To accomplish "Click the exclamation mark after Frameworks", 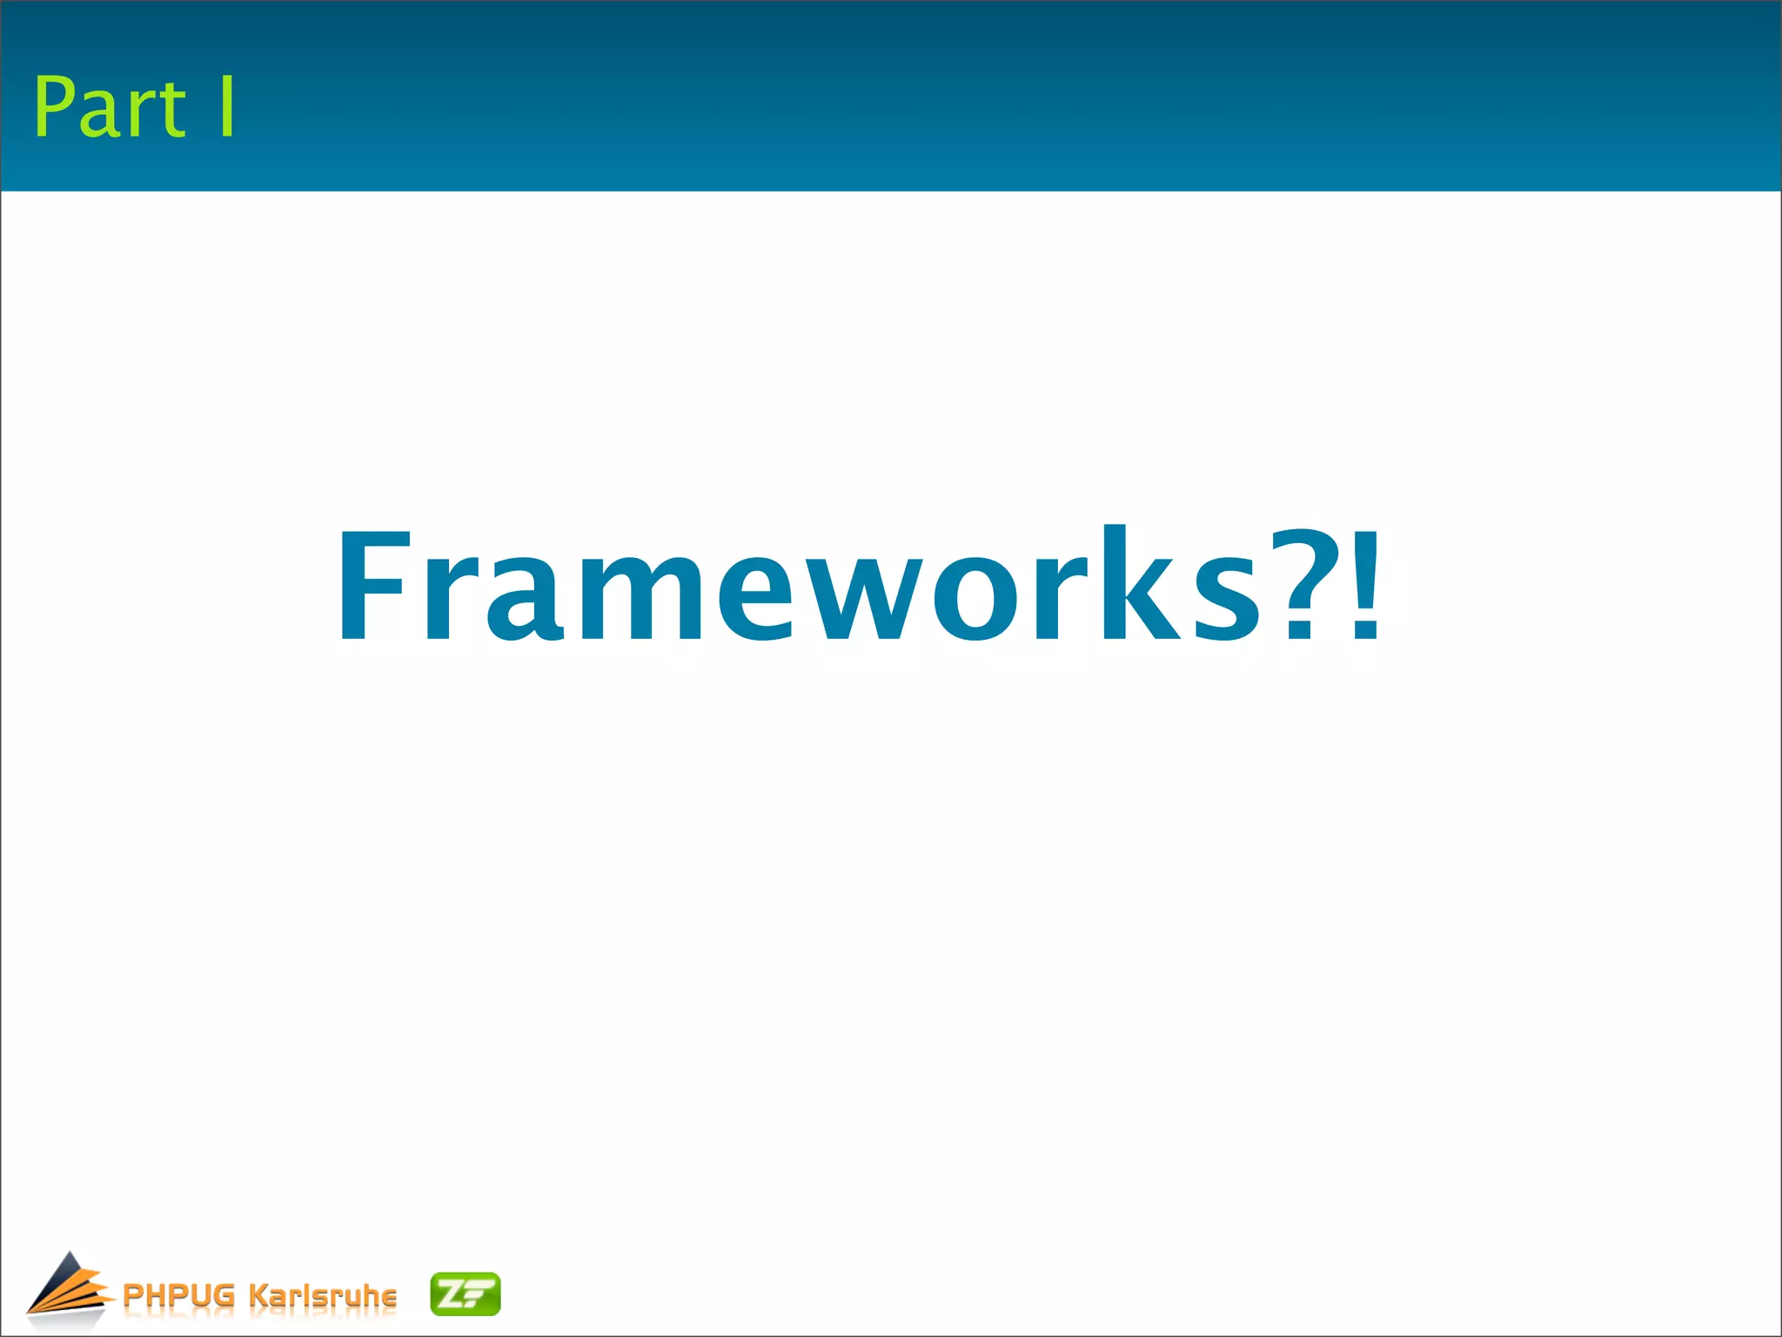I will pyautogui.click(x=1363, y=586).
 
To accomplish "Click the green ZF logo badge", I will pyautogui.click(x=466, y=1293).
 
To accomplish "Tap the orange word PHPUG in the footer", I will pyautogui.click(x=179, y=1295).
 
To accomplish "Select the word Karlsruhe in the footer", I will pyautogui.click(x=323, y=1295).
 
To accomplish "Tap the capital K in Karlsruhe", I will pyautogui.click(x=260, y=1295).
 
